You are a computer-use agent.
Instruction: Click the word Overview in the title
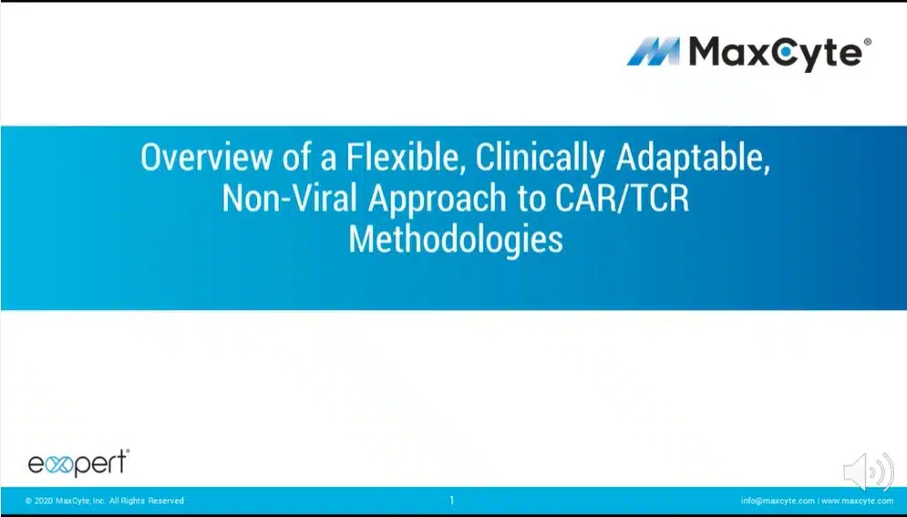[x=205, y=158]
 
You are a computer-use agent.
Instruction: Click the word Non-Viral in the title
[x=290, y=199]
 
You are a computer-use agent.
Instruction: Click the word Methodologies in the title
[x=456, y=241]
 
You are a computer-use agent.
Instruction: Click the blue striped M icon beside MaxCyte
[x=654, y=51]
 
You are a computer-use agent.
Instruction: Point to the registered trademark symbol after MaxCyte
[x=867, y=42]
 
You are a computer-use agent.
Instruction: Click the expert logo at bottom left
[x=78, y=463]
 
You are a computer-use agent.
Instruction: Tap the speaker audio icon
[x=869, y=472]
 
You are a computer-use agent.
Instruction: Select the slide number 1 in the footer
[x=452, y=501]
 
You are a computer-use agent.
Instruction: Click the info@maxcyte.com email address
[x=778, y=501]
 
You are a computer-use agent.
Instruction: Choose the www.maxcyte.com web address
[x=857, y=501]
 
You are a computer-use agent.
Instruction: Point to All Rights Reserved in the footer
[x=147, y=501]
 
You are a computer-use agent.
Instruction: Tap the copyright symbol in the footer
[x=28, y=501]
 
